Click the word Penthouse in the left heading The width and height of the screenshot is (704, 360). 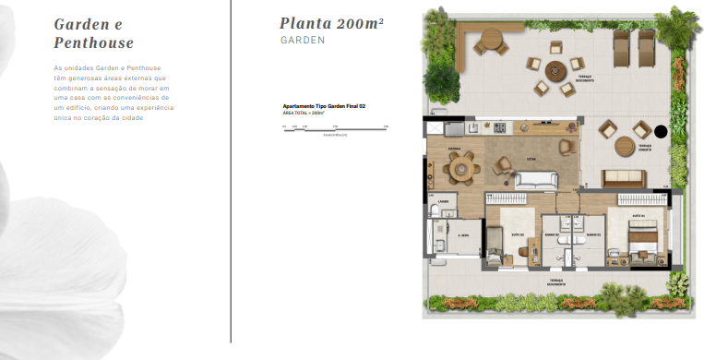94,42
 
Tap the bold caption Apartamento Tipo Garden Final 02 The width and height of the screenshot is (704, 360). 325,107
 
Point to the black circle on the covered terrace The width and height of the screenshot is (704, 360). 660,131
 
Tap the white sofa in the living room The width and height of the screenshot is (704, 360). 535,181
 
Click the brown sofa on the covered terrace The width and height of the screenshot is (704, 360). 629,178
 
